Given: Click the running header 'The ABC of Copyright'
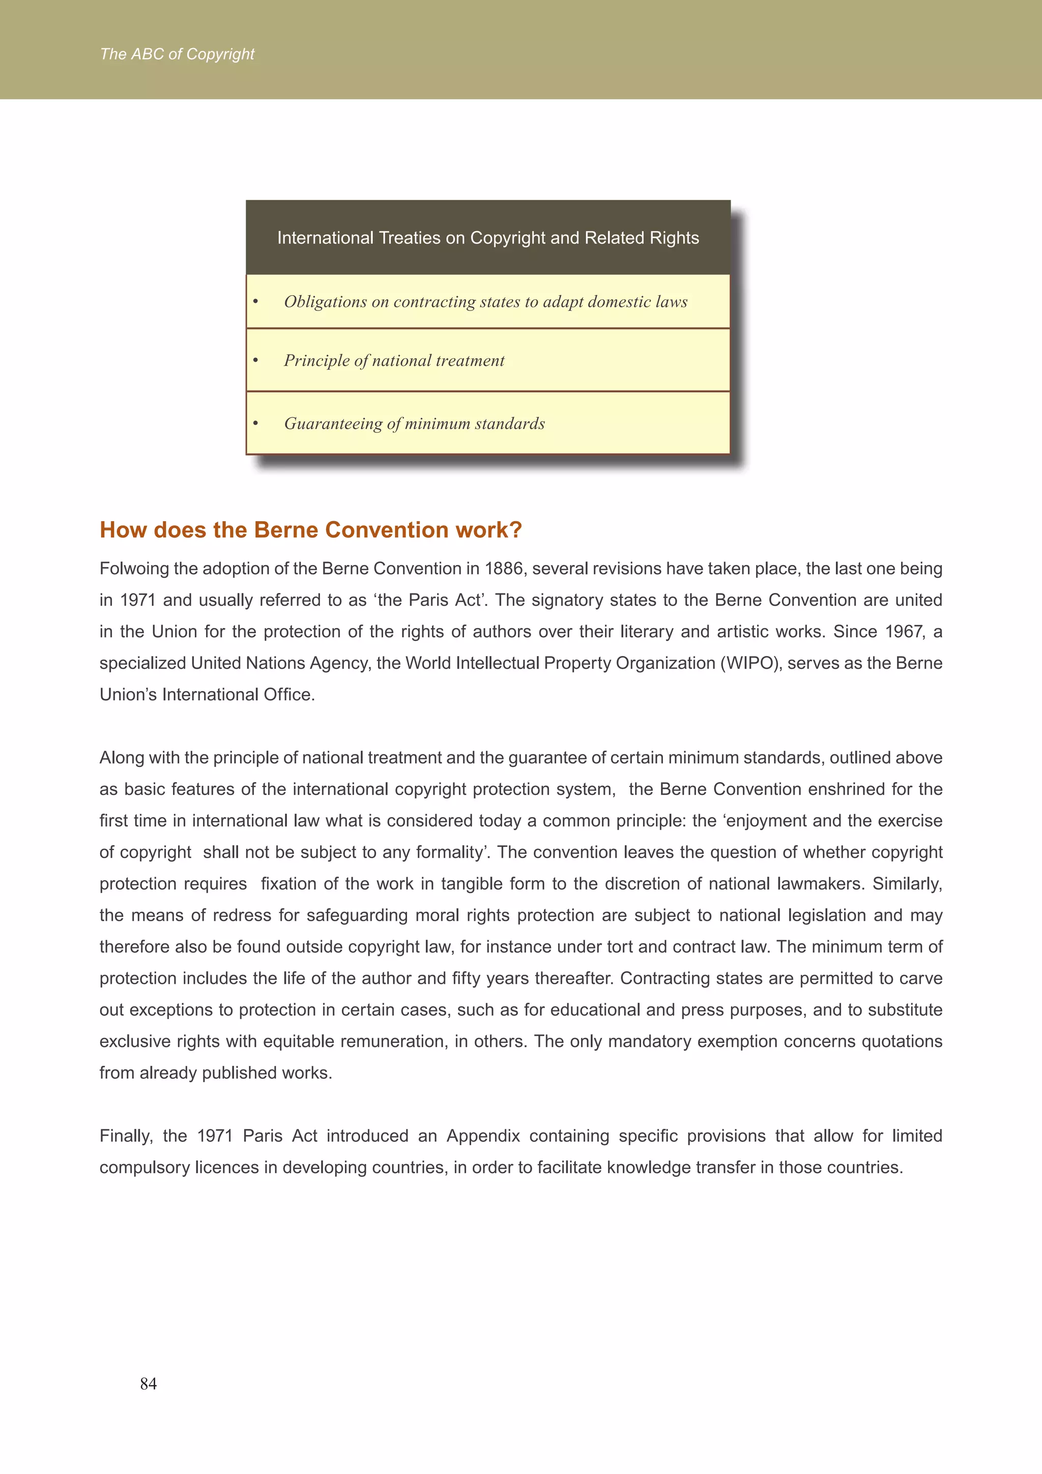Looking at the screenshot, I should click(x=177, y=54).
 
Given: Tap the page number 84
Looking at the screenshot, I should click(x=148, y=1383).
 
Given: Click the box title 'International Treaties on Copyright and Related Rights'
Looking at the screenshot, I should click(x=487, y=238).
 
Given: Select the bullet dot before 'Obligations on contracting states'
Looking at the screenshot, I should click(x=255, y=302).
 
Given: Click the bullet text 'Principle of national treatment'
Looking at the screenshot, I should click(x=394, y=361).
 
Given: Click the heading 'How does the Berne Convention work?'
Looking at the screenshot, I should click(x=310, y=530).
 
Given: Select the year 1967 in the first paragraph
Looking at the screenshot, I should click(x=904, y=632).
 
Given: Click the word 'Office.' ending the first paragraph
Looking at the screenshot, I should click(x=288, y=695).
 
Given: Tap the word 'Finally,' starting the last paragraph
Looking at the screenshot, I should click(x=126, y=1136).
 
